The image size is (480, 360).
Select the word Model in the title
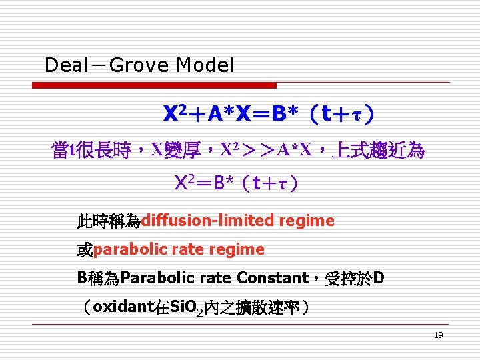[205, 65]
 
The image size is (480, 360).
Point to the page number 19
[438, 335]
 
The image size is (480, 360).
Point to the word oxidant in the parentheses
[123, 307]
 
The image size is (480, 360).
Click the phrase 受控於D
[354, 278]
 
